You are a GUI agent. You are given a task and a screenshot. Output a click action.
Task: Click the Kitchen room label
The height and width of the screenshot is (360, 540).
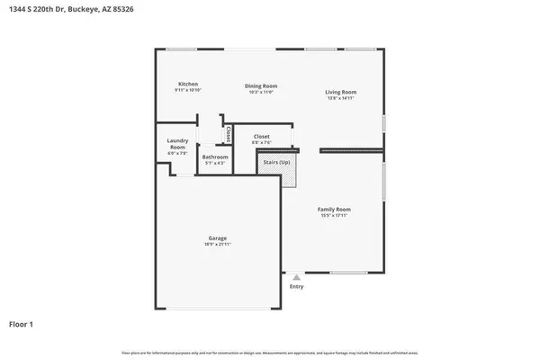click(186, 85)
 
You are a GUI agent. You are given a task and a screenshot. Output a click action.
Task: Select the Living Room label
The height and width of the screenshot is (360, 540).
click(341, 92)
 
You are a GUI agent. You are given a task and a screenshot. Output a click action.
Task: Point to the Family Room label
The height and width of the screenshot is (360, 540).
click(333, 209)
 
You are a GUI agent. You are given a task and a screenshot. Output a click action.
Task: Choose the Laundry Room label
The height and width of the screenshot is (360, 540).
click(177, 144)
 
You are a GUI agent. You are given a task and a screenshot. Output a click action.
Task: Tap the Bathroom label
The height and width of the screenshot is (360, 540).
click(215, 157)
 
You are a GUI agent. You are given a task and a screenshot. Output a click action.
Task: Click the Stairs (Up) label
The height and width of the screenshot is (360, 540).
click(275, 162)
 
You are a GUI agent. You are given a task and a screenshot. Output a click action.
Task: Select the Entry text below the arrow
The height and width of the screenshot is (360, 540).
click(296, 287)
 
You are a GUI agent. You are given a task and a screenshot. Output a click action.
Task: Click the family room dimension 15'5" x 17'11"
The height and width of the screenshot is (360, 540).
click(333, 215)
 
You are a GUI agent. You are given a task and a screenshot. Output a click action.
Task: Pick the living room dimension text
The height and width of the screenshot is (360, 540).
click(341, 98)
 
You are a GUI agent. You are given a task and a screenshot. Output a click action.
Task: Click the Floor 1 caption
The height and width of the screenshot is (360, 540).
click(22, 323)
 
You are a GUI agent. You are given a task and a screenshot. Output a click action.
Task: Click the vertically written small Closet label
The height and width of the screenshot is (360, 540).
click(229, 135)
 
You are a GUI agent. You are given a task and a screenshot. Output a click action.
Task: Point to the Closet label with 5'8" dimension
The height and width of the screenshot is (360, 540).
click(262, 137)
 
